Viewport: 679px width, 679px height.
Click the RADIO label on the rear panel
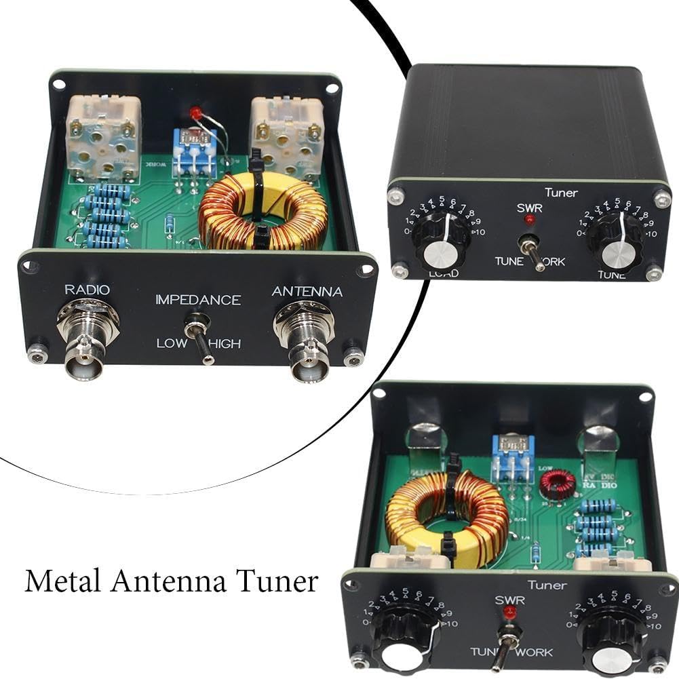(87, 290)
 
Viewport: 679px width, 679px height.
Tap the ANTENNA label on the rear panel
(307, 292)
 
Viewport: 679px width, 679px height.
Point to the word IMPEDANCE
(198, 300)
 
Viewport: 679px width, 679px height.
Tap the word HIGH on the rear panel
(225, 344)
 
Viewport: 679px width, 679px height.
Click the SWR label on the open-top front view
(507, 600)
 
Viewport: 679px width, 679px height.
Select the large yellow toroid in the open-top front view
(445, 516)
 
